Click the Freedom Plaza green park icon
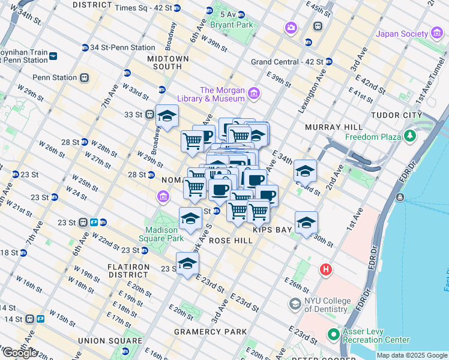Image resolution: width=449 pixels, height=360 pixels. click(411, 136)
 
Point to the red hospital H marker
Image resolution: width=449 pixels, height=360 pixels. click(327, 270)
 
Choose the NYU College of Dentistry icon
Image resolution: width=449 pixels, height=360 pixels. click(295, 304)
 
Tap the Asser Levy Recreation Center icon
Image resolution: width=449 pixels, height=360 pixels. click(333, 334)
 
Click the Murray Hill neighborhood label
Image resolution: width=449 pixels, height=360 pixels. click(334, 127)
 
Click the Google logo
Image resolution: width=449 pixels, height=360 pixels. click(20, 353)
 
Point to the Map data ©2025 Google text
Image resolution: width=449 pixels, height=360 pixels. click(412, 355)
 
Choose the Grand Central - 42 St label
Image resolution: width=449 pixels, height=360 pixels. click(286, 62)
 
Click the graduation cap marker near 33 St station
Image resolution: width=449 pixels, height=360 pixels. click(167, 115)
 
